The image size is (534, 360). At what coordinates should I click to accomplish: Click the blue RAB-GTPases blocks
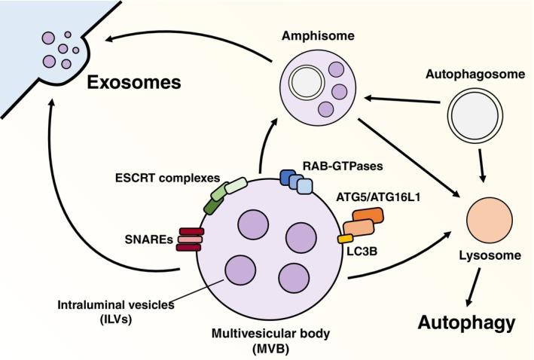(294, 180)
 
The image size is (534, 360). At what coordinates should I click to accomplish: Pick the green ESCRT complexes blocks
(224, 195)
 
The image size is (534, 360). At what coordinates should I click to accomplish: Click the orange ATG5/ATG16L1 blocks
(365, 221)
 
